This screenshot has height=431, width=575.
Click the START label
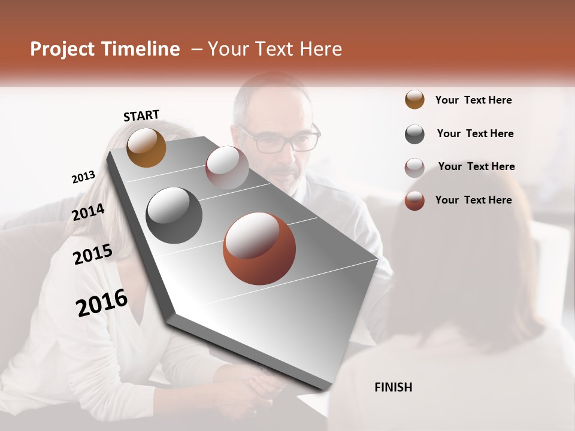point(141,116)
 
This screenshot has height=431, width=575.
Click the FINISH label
point(393,387)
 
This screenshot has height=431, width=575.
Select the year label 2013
point(83,177)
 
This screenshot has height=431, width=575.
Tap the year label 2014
point(89,212)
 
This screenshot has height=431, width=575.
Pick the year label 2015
point(93,254)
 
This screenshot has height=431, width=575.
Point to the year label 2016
point(102,303)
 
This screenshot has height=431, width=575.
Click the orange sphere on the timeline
point(146,147)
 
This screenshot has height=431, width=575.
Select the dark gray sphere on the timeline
point(174,215)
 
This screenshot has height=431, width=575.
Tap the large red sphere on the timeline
point(259,248)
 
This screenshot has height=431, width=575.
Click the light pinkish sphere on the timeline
point(227,168)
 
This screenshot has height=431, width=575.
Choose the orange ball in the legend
point(414,99)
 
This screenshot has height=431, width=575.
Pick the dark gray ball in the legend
point(414,133)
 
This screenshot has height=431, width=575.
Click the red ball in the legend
point(414,200)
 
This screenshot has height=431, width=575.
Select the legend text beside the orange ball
point(473,100)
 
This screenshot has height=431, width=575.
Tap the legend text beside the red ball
point(473,200)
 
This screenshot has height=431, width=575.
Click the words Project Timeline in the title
point(105,49)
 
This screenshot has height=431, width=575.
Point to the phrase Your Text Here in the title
point(274,49)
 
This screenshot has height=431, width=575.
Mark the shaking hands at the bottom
point(264,383)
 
